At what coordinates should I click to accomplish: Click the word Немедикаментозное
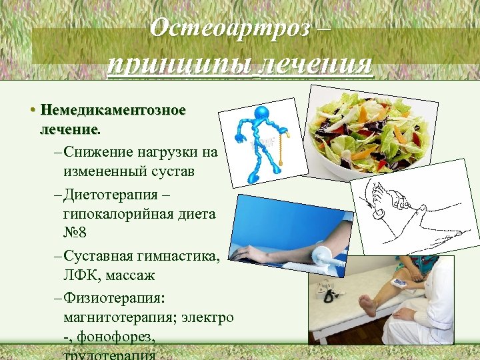(x=113, y=109)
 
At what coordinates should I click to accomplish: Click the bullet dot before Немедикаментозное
(x=33, y=109)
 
